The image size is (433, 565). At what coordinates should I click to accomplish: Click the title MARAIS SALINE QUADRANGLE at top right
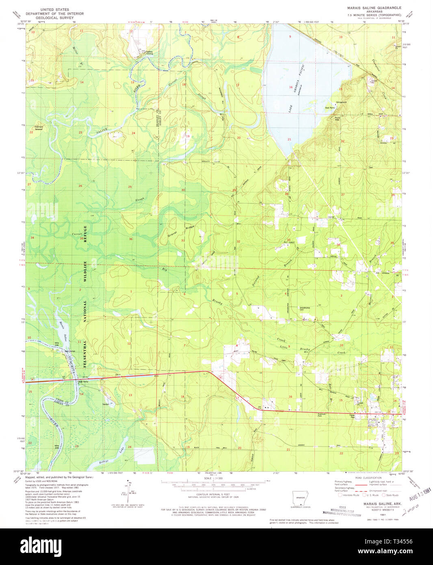click(x=374, y=8)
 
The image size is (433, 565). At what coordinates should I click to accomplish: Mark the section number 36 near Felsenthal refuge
click(x=130, y=239)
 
